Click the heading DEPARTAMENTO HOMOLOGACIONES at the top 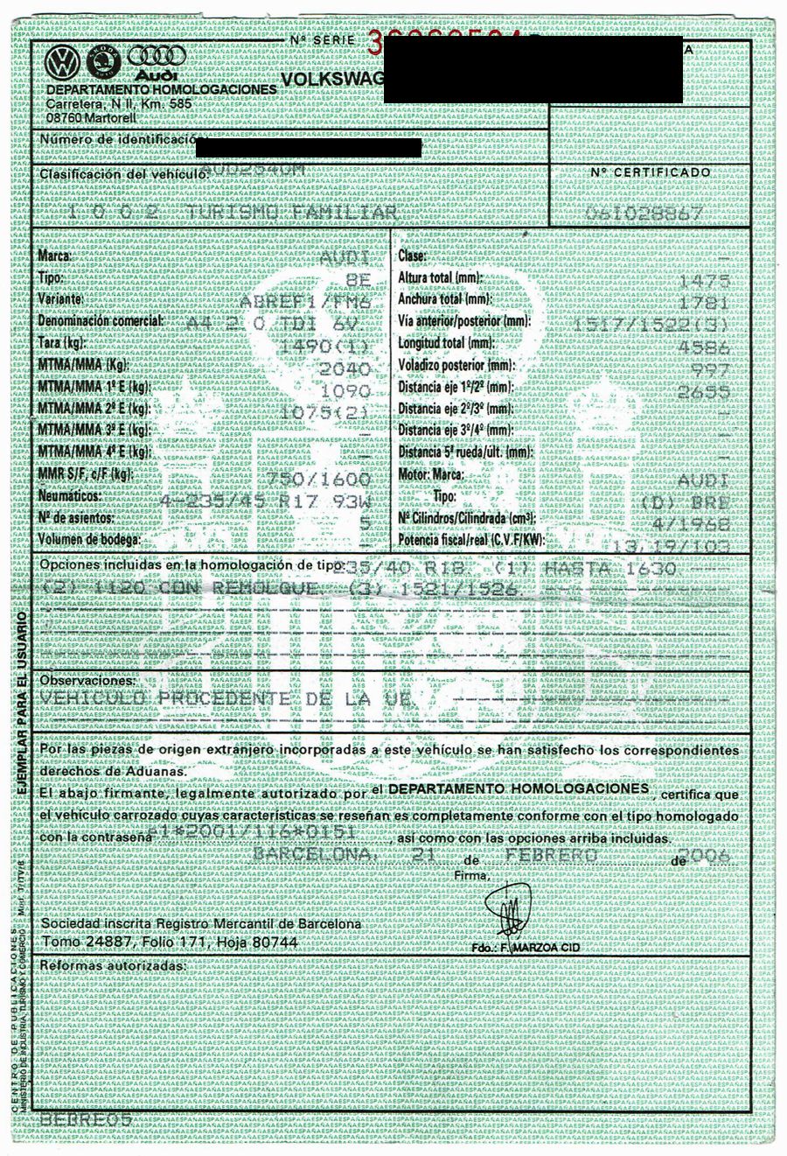161,90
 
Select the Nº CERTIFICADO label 650,172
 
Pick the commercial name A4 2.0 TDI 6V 279,322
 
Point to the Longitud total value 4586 707,346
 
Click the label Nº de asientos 80,518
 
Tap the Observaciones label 87,680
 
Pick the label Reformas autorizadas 113,966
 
